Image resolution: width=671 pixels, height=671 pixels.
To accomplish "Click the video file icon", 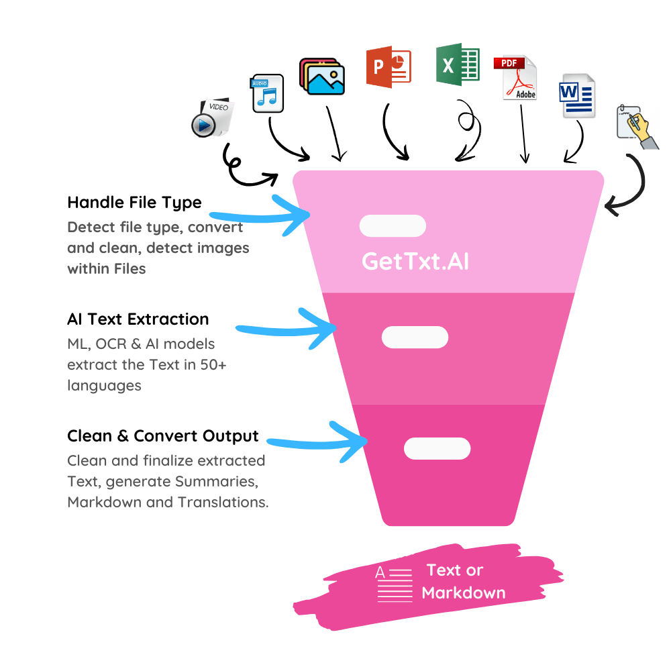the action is pyautogui.click(x=212, y=118).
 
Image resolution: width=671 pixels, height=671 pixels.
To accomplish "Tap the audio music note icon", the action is pyautogui.click(x=266, y=93).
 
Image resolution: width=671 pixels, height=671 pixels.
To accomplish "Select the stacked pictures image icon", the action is pyautogui.click(x=322, y=76).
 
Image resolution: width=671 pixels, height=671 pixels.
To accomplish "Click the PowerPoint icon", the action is pyautogui.click(x=389, y=66).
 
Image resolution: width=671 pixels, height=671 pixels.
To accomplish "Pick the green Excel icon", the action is pyautogui.click(x=458, y=64).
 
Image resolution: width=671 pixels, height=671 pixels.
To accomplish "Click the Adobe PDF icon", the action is pyautogui.click(x=515, y=78).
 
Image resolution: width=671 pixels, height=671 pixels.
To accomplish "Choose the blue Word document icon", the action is pyautogui.click(x=577, y=96).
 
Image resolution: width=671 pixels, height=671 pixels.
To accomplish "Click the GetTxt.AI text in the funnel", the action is pyautogui.click(x=415, y=261).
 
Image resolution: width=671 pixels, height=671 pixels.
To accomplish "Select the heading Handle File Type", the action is pyautogui.click(x=134, y=203).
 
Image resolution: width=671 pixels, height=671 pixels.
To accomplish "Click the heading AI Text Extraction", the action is pyautogui.click(x=138, y=319).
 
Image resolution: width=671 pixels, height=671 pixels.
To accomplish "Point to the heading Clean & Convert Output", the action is pyautogui.click(x=162, y=436).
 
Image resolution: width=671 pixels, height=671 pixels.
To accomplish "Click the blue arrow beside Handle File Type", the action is pyautogui.click(x=265, y=217).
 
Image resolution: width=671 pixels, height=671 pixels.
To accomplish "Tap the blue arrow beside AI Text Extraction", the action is pyautogui.click(x=291, y=329).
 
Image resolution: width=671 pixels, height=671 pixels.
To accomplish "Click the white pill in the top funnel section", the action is pyautogui.click(x=393, y=225).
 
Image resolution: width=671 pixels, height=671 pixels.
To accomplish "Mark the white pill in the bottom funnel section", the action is pyautogui.click(x=437, y=448).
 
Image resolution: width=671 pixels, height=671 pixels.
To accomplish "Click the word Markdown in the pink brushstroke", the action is pyautogui.click(x=464, y=592).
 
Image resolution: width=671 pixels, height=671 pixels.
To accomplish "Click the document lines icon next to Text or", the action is pyautogui.click(x=395, y=584).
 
